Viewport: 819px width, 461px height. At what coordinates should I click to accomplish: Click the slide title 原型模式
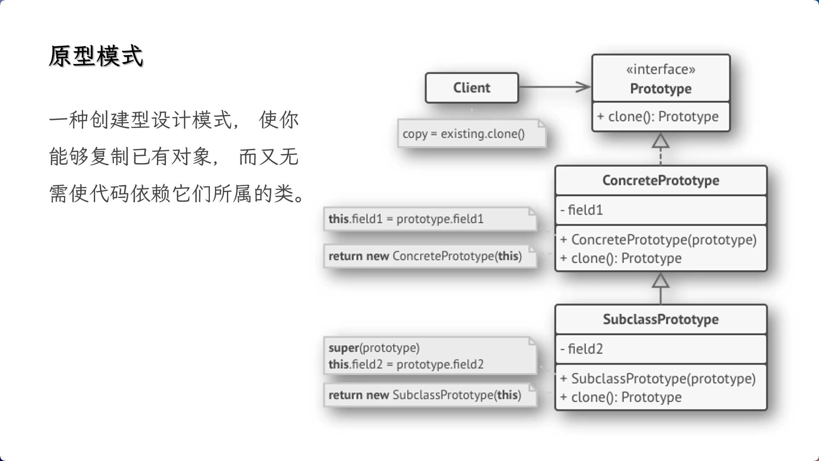[96, 56]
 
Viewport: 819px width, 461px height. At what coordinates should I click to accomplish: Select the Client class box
[472, 88]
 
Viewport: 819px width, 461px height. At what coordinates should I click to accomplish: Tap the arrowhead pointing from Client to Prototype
[583, 87]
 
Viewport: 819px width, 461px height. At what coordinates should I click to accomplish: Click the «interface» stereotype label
[661, 69]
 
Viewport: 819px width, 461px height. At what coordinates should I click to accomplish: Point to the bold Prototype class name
[661, 89]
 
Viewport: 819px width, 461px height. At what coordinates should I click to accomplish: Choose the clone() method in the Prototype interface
[658, 117]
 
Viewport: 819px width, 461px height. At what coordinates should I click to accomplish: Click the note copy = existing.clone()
[472, 134]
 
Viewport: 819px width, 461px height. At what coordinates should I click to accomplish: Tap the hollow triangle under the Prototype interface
[660, 140]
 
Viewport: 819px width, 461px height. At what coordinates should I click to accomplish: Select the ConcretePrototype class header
[661, 181]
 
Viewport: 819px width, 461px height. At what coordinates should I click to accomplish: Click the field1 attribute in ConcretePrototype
[581, 210]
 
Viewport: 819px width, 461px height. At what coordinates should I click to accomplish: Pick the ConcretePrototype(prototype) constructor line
[658, 240]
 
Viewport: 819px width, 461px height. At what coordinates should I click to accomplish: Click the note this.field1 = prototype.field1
[430, 219]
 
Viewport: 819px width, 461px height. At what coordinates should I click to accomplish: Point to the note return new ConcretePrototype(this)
[430, 256]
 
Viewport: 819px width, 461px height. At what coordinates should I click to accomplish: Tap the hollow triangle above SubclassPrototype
[660, 280]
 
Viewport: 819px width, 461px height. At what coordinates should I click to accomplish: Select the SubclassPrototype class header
[661, 319]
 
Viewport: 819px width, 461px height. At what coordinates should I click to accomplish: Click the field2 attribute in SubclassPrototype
[581, 349]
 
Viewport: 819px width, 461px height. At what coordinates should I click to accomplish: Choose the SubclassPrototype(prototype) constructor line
[658, 379]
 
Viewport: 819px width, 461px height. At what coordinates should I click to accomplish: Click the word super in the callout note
[344, 348]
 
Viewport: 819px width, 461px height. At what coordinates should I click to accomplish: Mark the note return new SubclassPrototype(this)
[430, 395]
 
